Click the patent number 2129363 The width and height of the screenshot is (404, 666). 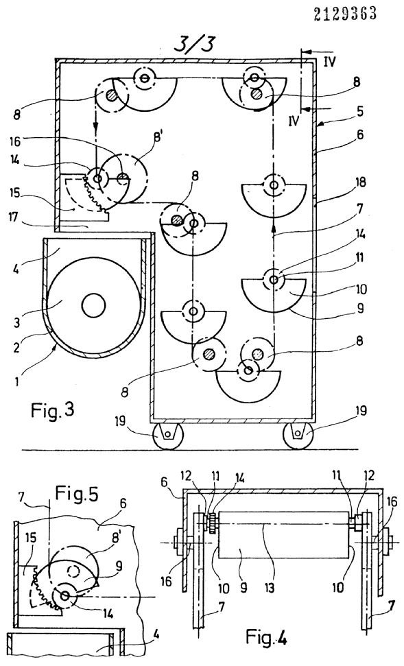[345, 14]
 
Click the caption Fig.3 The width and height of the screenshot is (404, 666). [53, 410]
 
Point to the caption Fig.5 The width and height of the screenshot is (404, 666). [77, 494]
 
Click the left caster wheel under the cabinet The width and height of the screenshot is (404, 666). [167, 436]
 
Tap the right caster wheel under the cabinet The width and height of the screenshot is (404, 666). [298, 436]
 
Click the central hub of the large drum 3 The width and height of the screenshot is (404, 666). [93, 305]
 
